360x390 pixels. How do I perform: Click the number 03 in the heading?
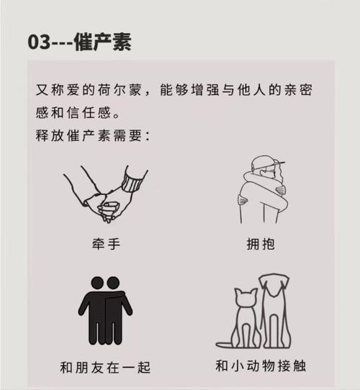pyautogui.click(x=39, y=42)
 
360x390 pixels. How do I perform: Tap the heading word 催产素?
pyautogui.click(x=102, y=42)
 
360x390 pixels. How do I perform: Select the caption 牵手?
pyautogui.click(x=107, y=244)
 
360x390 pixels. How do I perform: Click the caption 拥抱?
pyautogui.click(x=261, y=244)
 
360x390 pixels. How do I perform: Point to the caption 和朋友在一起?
pyautogui.click(x=105, y=368)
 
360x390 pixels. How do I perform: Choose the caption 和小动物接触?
pyautogui.click(x=261, y=366)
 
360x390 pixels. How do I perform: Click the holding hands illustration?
pyautogui.click(x=106, y=194)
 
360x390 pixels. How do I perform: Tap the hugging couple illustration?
pyautogui.click(x=262, y=189)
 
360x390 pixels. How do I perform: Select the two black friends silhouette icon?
pyautogui.click(x=105, y=311)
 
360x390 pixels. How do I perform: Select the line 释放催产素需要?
pyautogui.click(x=89, y=135)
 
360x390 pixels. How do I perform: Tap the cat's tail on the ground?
pyautogui.click(x=225, y=345)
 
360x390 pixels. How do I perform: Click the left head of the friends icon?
pyautogui.click(x=97, y=283)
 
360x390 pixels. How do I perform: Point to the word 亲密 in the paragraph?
pyautogui.click(x=298, y=90)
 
